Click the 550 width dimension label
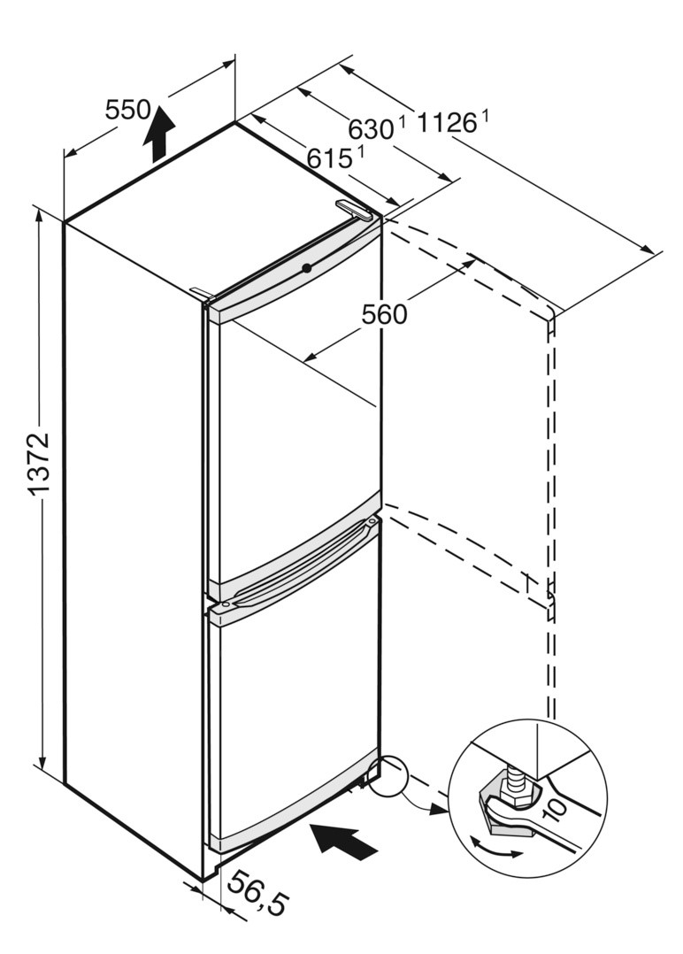127,110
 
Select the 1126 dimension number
447,123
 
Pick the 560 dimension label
385,313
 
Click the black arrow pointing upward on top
158,133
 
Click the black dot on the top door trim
306,267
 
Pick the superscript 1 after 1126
485,114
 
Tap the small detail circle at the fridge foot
387,776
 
